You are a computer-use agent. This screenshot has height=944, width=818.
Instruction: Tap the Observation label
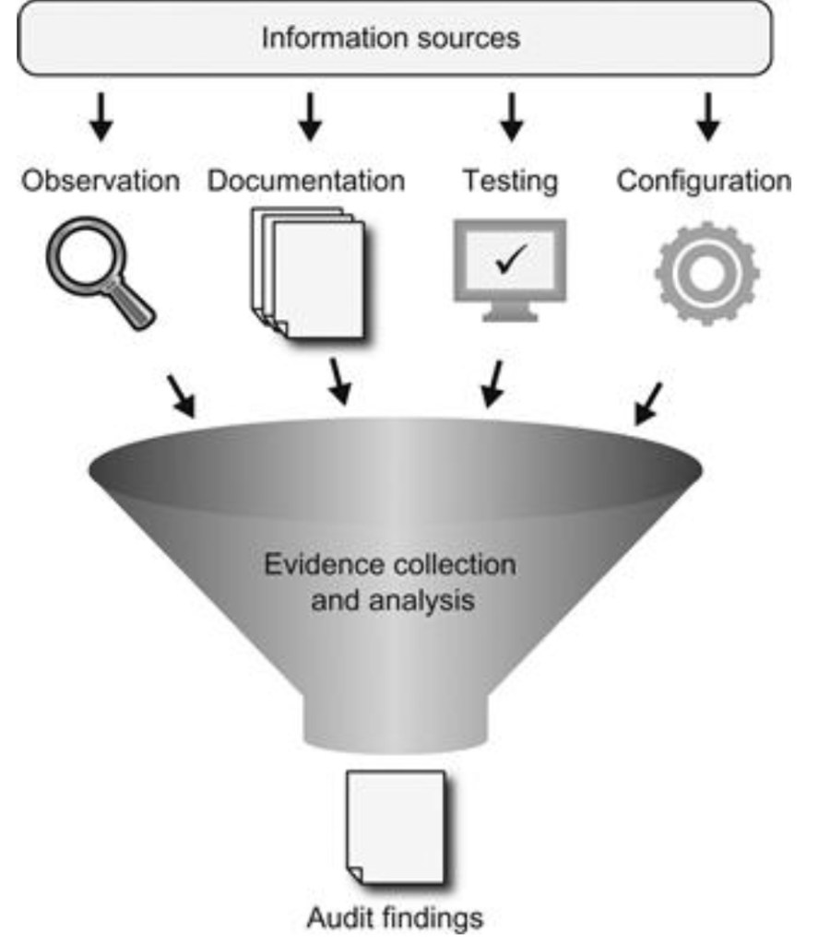[101, 181]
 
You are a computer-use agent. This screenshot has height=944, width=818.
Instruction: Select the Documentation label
[306, 181]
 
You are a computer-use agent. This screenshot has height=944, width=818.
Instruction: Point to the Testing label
[510, 181]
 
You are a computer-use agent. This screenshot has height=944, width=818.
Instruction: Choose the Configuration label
[704, 181]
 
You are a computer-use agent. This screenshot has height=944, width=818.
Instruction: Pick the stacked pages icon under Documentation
[309, 273]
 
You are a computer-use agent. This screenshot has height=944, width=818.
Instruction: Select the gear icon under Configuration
[706, 273]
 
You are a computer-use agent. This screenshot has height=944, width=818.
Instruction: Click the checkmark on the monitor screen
[508, 261]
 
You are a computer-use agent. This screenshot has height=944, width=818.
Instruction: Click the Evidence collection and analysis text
[390, 583]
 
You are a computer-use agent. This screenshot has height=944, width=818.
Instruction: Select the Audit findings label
[395, 918]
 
